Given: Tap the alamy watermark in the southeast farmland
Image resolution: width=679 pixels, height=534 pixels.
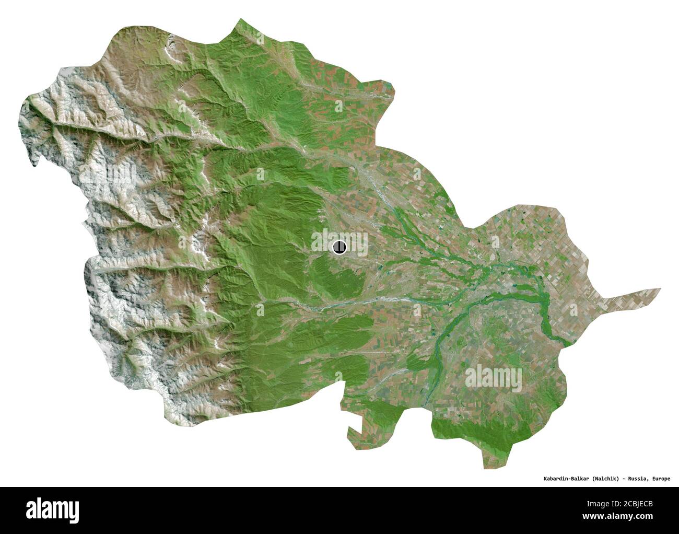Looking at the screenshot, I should (x=493, y=376).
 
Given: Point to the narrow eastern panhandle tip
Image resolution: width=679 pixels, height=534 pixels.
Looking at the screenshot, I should (x=658, y=289).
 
